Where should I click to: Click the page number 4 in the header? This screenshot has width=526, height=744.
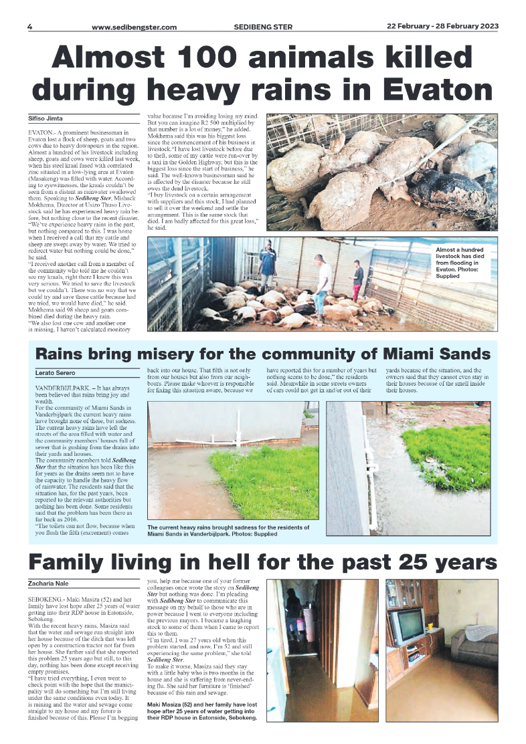click(29, 27)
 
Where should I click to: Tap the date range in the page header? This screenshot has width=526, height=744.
click(442, 27)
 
